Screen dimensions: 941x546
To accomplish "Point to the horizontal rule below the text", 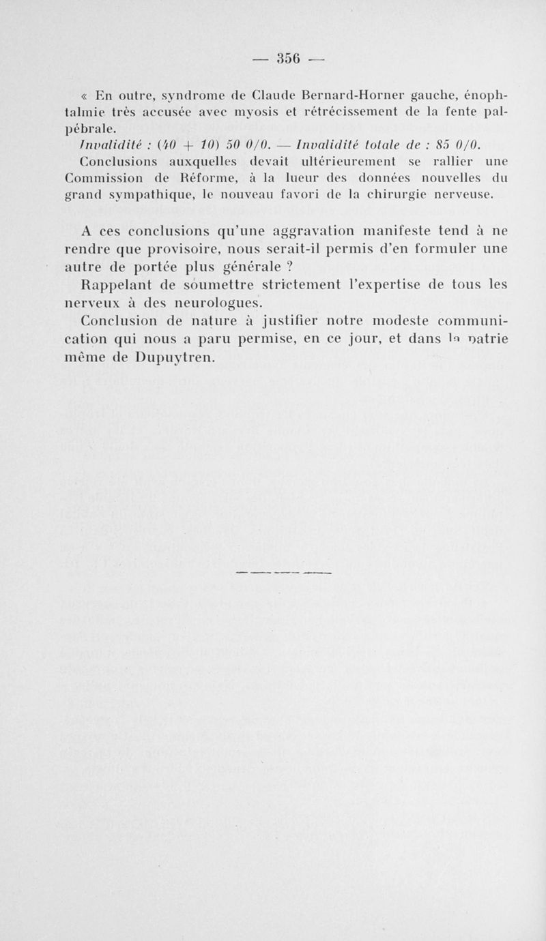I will click(x=283, y=573).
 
